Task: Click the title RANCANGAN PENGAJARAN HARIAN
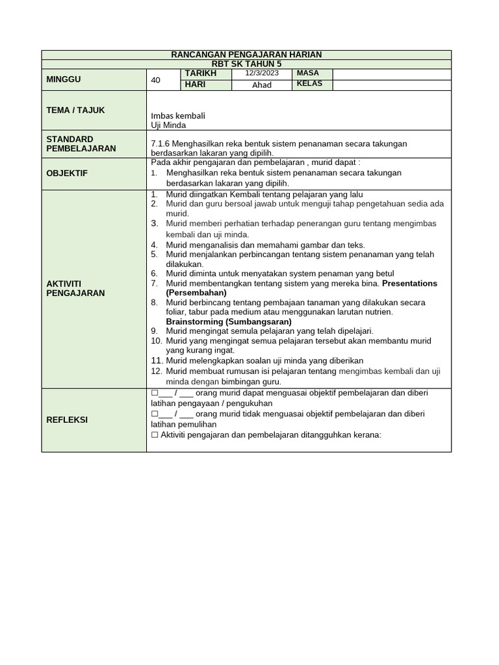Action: [246, 55]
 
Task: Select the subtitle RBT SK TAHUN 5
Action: [246, 64]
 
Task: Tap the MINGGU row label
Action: [63, 79]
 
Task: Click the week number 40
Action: [155, 80]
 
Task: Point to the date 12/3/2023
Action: [261, 73]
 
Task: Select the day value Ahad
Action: [261, 84]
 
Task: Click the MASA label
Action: [307, 73]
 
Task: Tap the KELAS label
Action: [309, 84]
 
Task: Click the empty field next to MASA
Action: [391, 73]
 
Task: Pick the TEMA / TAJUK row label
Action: [75, 110]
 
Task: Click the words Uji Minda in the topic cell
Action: [168, 125]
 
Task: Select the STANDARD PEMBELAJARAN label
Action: [81, 144]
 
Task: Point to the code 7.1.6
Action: [160, 144]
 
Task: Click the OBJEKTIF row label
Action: [67, 173]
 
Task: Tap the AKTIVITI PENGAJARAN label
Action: [75, 288]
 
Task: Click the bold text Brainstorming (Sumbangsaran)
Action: [229, 321]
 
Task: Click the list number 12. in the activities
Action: [156, 371]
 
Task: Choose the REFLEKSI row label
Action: [67, 420]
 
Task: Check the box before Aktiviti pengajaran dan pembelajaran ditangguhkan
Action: [154, 435]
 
